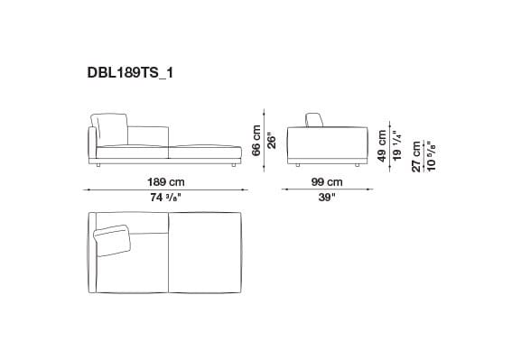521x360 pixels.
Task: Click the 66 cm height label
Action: [256, 139]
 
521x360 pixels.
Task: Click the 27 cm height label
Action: [416, 154]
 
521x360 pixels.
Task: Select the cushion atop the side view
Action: [314, 121]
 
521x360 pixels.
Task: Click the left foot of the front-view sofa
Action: [98, 166]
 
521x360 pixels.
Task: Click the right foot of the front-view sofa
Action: [233, 166]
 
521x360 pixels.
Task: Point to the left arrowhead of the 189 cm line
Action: [87, 189]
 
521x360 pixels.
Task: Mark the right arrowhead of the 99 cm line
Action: [373, 189]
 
